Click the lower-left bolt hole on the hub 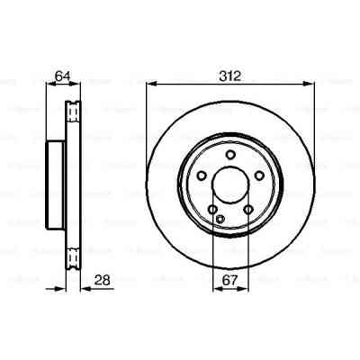(x=211, y=210)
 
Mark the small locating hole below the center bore (x=220, y=219)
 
